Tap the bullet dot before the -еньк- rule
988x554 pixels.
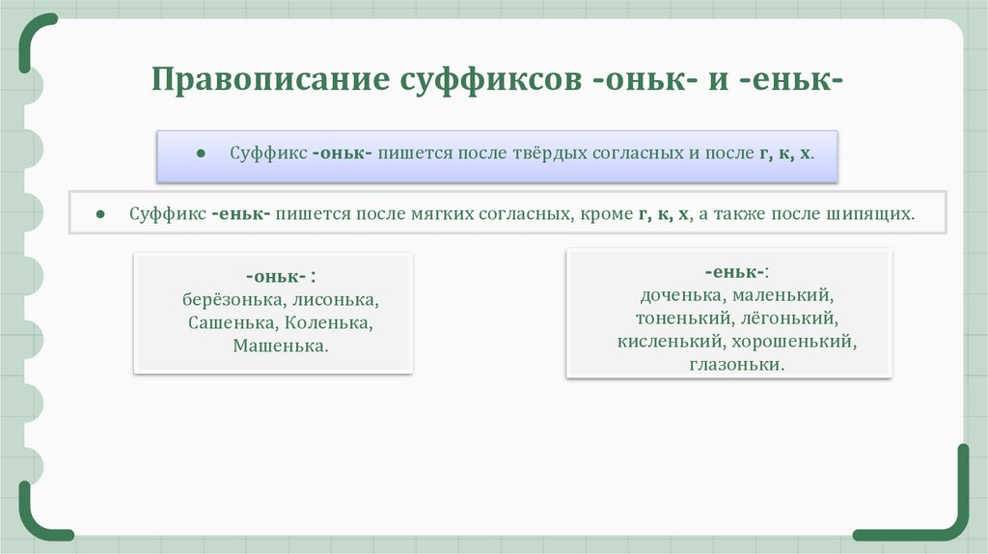pyautogui.click(x=100, y=214)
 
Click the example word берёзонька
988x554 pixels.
pyautogui.click(x=228, y=299)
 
